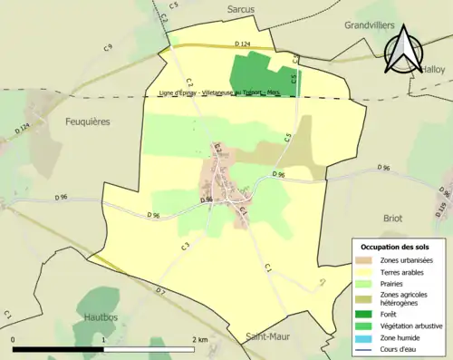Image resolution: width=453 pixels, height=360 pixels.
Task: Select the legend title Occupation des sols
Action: coord(397,247)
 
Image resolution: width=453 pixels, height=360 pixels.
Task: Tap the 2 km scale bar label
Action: coord(200,340)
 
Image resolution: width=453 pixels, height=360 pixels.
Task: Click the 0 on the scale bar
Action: coord(14,340)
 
